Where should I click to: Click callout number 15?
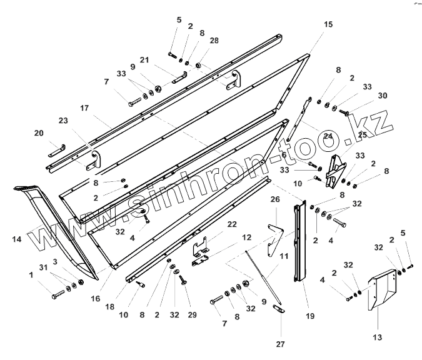(x=328, y=24)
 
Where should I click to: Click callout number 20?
(x=39, y=133)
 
